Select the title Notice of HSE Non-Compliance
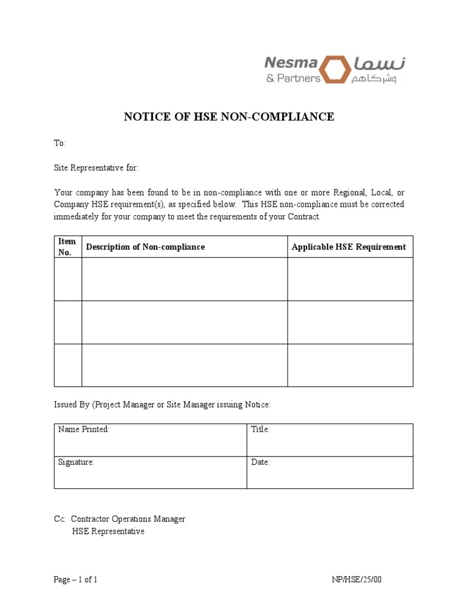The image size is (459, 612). tap(229, 117)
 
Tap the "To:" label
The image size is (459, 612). tap(60, 143)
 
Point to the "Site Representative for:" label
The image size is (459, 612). tap(96, 168)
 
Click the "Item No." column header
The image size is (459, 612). tap(67, 247)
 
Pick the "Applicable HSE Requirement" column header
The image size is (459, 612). tap(348, 247)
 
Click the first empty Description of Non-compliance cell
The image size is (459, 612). tap(183, 279)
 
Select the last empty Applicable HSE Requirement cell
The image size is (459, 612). tap(350, 365)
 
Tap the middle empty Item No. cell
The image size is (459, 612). tap(68, 322)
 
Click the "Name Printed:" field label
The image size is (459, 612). tap(84, 430)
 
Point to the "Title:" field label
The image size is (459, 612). tap(261, 430)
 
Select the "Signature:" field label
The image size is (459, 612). tap(76, 463)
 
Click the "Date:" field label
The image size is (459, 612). tap(261, 463)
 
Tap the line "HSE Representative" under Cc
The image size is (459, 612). tap(108, 531)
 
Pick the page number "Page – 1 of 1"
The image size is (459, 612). tap(75, 580)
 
